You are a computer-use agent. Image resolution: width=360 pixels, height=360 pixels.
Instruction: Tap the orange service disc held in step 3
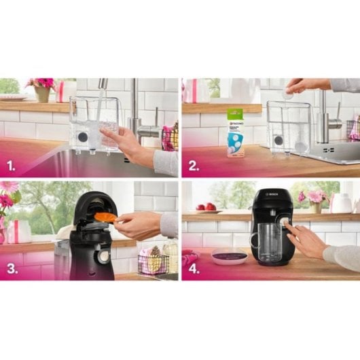click(x=105, y=217)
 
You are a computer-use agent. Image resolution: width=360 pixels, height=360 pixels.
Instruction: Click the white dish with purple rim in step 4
click(x=229, y=256)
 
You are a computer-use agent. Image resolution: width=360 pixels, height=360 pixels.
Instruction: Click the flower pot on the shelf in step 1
click(x=42, y=94)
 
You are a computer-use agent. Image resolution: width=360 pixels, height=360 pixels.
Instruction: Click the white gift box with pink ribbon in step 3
click(x=18, y=232)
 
